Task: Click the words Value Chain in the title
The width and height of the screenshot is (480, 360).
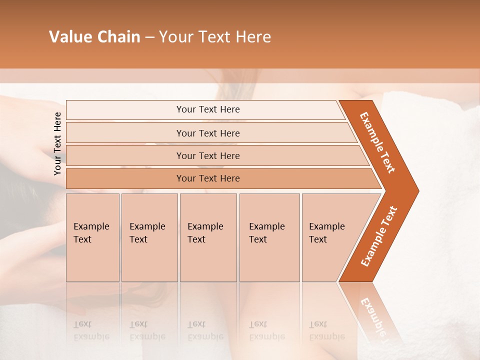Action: [94, 37]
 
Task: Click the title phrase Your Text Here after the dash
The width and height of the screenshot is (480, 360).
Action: [215, 37]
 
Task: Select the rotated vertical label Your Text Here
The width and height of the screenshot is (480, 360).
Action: [58, 143]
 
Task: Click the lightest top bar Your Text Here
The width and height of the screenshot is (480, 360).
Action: [207, 109]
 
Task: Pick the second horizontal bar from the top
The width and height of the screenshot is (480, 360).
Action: [207, 133]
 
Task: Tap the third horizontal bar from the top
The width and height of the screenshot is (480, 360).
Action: [207, 155]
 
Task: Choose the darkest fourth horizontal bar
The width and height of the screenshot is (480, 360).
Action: [207, 178]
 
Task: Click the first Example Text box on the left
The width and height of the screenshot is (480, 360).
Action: [92, 237]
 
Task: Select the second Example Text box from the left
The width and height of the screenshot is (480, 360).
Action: [149, 237]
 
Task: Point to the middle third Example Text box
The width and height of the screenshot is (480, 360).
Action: [208, 237]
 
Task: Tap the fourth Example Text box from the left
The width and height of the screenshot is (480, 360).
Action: [269, 237]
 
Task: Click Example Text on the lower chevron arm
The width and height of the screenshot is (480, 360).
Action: [379, 236]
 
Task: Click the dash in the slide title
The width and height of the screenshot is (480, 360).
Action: [149, 37]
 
